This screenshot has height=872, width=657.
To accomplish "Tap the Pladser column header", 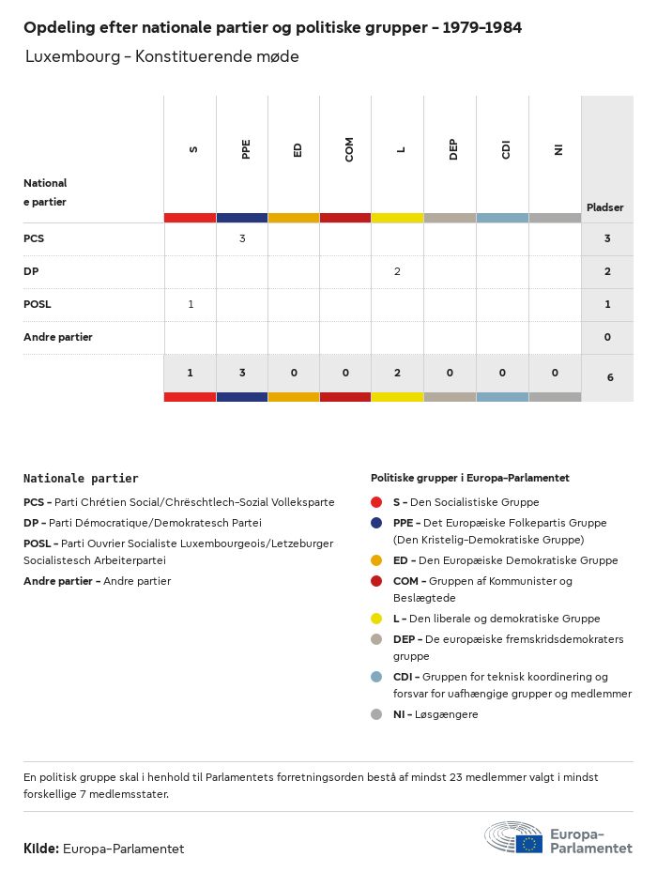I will click(605, 207).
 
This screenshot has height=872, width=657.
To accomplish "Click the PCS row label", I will click(34, 238).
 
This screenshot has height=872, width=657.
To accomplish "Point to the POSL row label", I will click(38, 304).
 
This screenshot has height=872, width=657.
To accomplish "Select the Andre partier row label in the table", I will click(58, 337).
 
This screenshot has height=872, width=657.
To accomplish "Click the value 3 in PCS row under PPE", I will click(242, 238).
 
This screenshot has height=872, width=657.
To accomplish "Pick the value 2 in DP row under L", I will click(397, 271).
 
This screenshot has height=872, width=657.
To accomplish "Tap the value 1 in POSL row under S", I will click(191, 304).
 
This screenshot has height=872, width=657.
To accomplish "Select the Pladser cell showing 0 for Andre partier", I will click(607, 337).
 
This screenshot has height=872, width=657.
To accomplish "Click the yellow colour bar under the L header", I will click(397, 218).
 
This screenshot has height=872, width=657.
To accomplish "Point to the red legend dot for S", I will click(376, 502).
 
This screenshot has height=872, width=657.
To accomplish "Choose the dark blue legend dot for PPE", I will click(376, 523).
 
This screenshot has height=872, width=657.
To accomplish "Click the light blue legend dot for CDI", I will click(376, 677).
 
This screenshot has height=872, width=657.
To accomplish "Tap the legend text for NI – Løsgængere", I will click(435, 714).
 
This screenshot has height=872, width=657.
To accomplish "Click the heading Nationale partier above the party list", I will click(81, 478).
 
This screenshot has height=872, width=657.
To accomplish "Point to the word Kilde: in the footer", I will click(41, 849).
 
